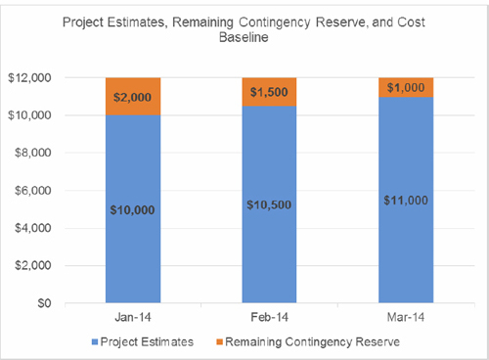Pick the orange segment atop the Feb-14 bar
[x=269, y=92]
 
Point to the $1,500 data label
[x=269, y=92]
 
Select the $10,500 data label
[x=269, y=203]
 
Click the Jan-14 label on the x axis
[x=133, y=319]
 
